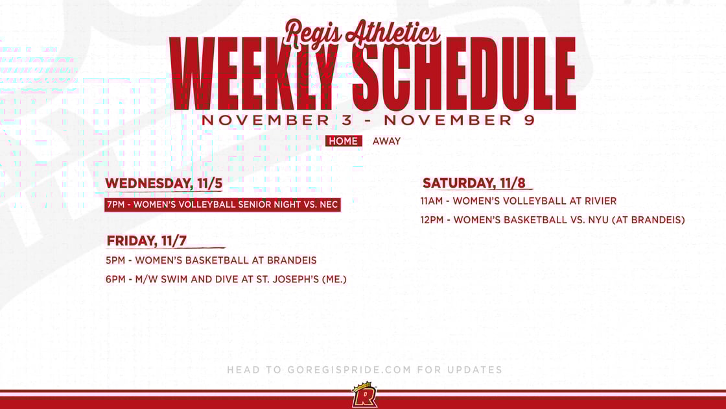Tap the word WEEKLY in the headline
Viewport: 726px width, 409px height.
pyautogui.click(x=259, y=75)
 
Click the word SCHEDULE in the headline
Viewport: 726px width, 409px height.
pyautogui.click(x=465, y=75)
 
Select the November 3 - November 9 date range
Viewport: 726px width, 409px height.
pyautogui.click(x=368, y=121)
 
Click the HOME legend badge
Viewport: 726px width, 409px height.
pyautogui.click(x=344, y=141)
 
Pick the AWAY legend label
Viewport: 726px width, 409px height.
pyautogui.click(x=386, y=141)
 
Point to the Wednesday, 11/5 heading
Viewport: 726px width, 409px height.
pyautogui.click(x=163, y=184)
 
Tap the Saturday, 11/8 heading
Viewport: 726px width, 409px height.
pyautogui.click(x=474, y=183)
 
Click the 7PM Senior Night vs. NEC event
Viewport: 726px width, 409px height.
pyautogui.click(x=222, y=205)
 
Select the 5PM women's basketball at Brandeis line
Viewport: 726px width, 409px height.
pyautogui.click(x=211, y=260)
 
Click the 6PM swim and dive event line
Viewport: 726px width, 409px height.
pyautogui.click(x=227, y=279)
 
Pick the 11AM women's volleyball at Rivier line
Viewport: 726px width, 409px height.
pyautogui.click(x=518, y=201)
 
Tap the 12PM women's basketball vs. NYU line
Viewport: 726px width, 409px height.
pyautogui.click(x=552, y=220)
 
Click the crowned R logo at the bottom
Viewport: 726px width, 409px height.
pyautogui.click(x=364, y=395)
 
